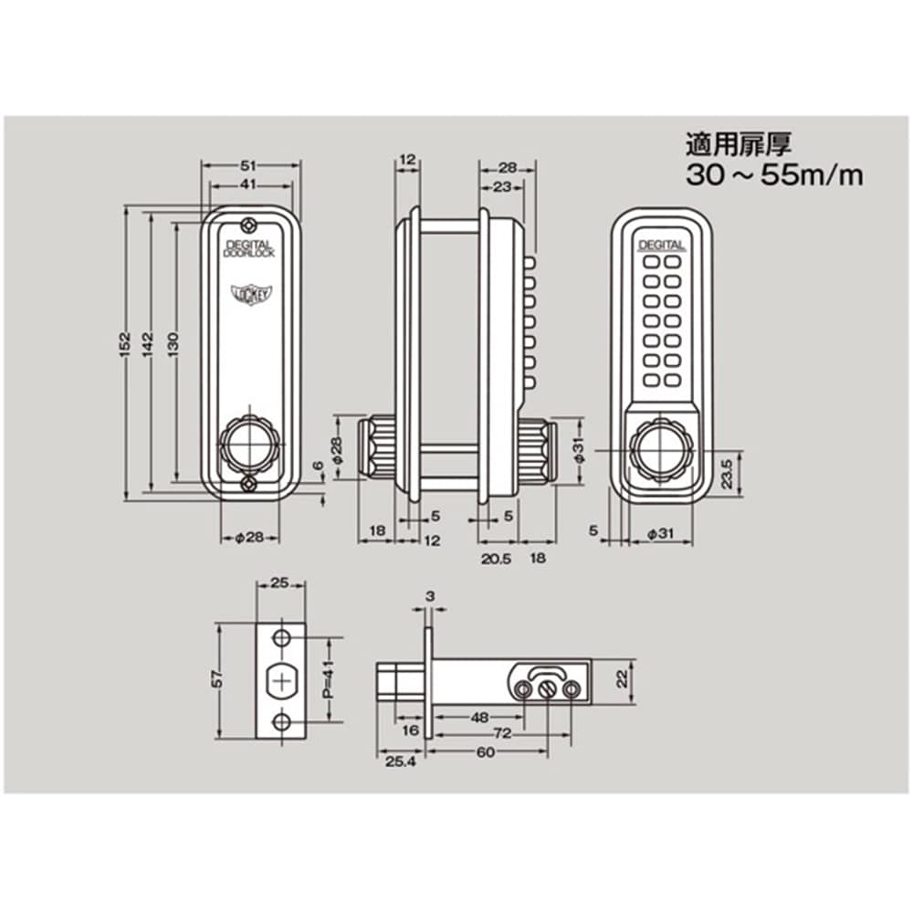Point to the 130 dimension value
[173, 344]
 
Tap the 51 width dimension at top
[248, 166]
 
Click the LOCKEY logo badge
[249, 292]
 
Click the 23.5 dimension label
[727, 474]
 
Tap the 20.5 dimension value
[496, 559]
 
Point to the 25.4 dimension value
[401, 761]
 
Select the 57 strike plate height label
[218, 679]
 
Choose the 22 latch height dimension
[623, 679]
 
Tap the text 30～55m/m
[774, 174]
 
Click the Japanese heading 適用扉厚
[739, 144]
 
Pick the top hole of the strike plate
[282, 637]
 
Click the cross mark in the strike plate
[282, 681]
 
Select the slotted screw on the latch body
[547, 690]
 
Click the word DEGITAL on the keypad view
[661, 246]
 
